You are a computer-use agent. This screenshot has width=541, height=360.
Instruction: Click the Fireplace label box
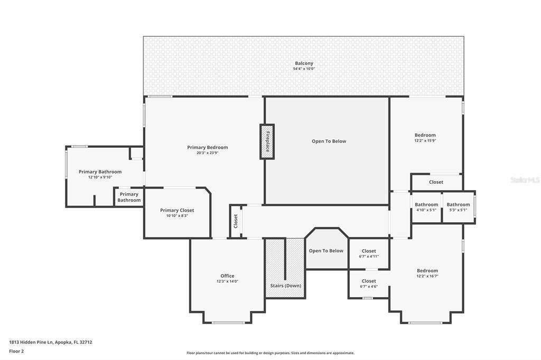tap(267, 141)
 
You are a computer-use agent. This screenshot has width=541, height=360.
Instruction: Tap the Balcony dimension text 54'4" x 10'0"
tap(304, 69)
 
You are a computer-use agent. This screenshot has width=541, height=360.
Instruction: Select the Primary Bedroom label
tap(207, 147)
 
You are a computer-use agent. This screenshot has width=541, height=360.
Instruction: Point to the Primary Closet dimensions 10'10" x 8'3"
tap(177, 216)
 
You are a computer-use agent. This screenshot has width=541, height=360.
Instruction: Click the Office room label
tap(227, 276)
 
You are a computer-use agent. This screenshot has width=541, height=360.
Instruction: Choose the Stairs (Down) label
tap(286, 286)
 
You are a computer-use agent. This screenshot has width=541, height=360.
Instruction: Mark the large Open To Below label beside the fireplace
tap(329, 141)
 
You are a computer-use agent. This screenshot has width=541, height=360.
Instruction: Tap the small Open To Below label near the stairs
tap(326, 251)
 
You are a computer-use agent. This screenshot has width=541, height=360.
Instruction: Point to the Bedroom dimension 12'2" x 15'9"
tap(425, 141)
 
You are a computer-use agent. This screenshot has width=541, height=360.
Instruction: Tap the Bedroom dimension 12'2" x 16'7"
tap(427, 276)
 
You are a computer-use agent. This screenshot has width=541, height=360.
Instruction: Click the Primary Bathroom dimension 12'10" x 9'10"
tap(100, 177)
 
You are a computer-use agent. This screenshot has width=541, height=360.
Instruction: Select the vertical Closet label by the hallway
tap(236, 221)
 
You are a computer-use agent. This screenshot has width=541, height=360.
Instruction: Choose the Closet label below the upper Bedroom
tap(436, 182)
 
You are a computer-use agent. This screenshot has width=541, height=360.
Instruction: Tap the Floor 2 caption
tap(16, 352)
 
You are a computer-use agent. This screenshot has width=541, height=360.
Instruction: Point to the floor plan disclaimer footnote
tap(270, 353)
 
